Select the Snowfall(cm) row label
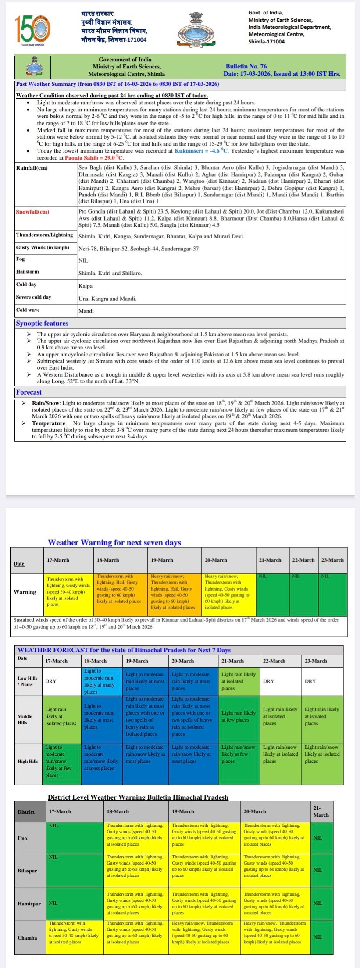point(32,212)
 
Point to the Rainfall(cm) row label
point(32,168)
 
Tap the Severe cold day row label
point(33,297)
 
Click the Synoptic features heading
point(42,324)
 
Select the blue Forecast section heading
point(29,392)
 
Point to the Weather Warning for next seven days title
point(114,542)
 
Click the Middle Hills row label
point(25,719)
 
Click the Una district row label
point(22,838)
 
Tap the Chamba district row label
point(27,938)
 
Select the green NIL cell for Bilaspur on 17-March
point(75,871)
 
